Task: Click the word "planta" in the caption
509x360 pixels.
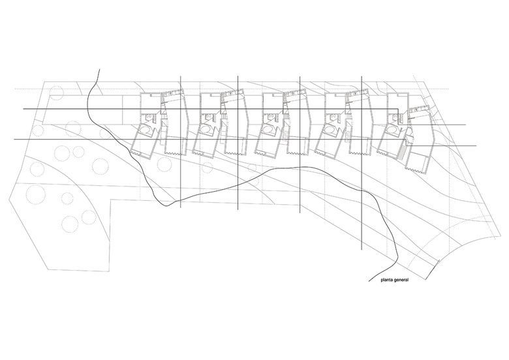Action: click(x=386, y=280)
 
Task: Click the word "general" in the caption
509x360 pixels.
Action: click(x=401, y=280)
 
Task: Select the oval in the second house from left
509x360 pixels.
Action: click(x=205, y=130)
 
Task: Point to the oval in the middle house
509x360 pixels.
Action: click(x=268, y=130)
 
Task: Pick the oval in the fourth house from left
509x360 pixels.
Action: click(x=329, y=130)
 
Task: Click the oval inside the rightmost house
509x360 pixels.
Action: click(x=390, y=130)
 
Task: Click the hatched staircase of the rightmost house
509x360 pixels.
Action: click(x=402, y=152)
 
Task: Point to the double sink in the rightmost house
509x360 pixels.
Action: click(x=401, y=117)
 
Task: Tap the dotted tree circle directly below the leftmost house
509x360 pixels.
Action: click(x=163, y=164)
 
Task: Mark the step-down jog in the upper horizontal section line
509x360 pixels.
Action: click(x=398, y=117)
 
